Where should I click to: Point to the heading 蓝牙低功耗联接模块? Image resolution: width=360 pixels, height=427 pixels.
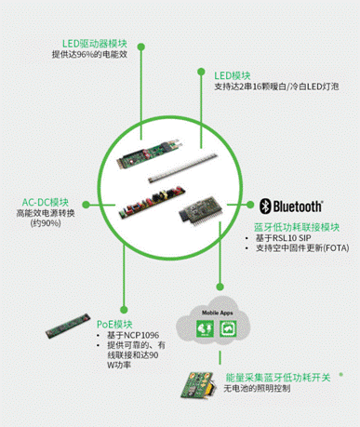pos(296,228)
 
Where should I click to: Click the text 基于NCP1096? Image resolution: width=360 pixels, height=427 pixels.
pos(136,334)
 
